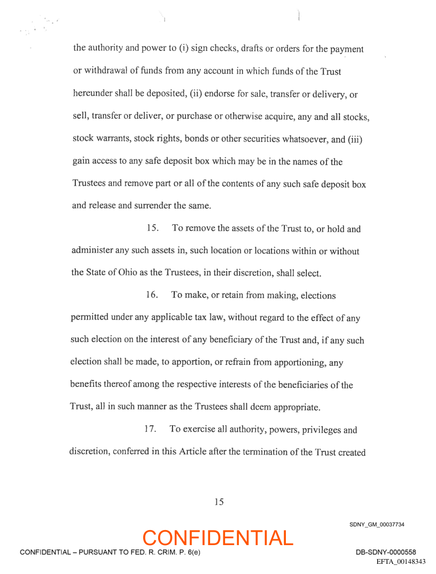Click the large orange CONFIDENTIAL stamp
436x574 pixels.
218,538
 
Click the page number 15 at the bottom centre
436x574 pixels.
219,502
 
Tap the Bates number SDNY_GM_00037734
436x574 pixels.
377,524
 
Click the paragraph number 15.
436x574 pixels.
153,229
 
